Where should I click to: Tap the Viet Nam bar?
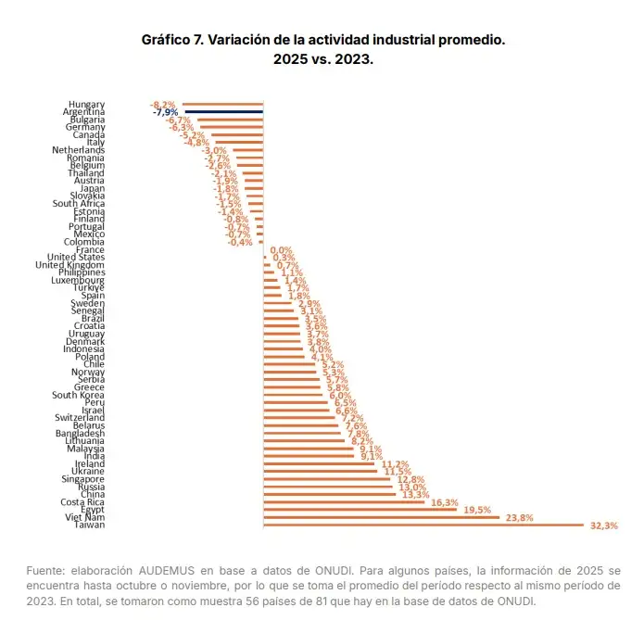point(381,517)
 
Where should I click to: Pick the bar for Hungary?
point(222,104)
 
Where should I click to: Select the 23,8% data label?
point(519,517)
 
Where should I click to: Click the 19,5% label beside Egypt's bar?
point(477,510)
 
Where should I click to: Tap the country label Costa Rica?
point(82,502)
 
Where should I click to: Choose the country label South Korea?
point(78,395)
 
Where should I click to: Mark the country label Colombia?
point(84,242)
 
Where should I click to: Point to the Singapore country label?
point(83,479)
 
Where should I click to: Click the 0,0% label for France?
point(281,250)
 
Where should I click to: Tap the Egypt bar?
point(360,510)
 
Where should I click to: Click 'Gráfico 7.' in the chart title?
point(172,41)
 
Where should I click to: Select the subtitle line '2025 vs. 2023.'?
point(322,59)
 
